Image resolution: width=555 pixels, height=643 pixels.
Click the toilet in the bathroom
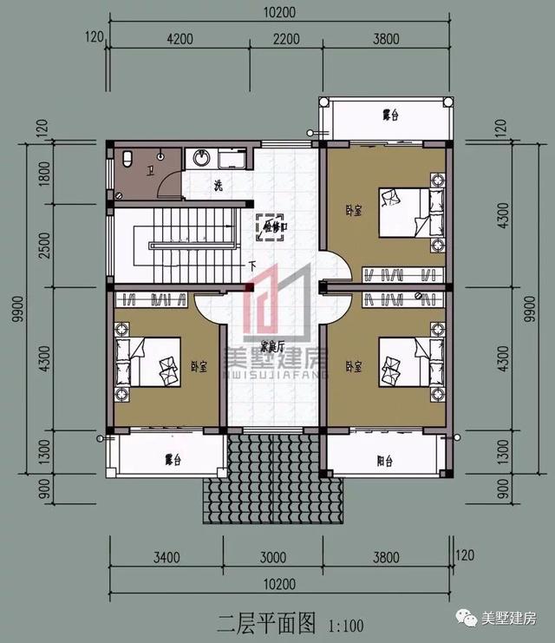point(127,160)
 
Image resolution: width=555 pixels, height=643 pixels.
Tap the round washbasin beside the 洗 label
point(201,159)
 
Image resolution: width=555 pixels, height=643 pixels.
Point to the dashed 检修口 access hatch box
point(271,225)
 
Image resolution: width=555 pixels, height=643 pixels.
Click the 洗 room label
point(219,185)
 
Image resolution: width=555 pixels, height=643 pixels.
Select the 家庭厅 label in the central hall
point(276,345)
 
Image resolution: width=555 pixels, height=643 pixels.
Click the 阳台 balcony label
point(384,460)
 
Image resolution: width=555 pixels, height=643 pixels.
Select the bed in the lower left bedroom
point(147,360)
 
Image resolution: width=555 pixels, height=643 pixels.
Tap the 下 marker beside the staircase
point(251,266)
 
